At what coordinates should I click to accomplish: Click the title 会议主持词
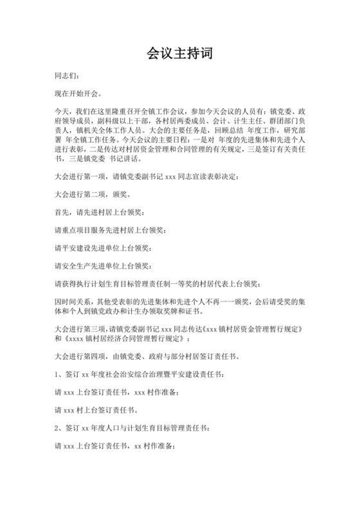pos(179,52)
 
